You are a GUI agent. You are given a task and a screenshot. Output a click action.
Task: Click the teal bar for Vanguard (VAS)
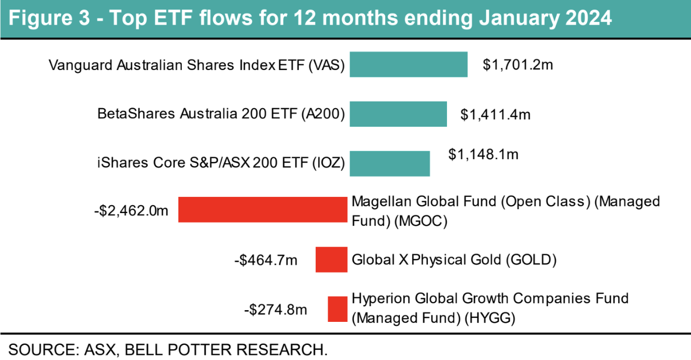coord(408,64)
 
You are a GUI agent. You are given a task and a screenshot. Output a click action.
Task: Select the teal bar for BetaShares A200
coord(398,114)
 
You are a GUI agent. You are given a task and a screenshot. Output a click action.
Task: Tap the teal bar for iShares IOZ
coord(390,163)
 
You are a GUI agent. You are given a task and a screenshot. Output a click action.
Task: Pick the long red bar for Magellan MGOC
coord(263,210)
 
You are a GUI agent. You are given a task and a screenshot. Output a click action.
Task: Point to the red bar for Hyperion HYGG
coord(338,309)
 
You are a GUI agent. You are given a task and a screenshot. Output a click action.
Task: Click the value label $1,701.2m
coord(518,65)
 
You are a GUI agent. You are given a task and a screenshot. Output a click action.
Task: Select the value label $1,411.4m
coord(495,115)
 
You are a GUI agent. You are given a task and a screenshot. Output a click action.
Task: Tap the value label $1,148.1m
coord(483,155)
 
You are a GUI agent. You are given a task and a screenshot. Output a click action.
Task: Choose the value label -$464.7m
coord(266,260)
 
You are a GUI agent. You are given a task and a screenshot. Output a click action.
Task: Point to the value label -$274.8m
coord(275,310)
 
